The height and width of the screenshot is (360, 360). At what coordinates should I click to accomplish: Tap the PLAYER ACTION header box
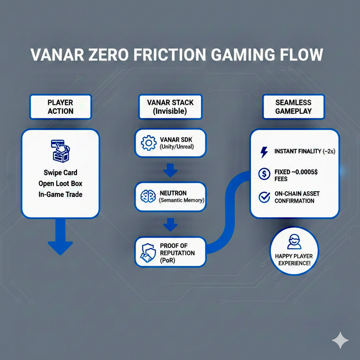[60, 107]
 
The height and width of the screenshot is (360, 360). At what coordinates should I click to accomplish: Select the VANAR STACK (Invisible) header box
[170, 107]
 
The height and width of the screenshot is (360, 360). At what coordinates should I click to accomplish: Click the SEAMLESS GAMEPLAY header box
[293, 107]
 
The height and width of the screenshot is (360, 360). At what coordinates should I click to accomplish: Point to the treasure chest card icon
[60, 151]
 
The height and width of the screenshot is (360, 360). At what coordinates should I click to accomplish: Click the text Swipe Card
[60, 173]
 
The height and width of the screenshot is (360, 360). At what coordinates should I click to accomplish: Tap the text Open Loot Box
[60, 183]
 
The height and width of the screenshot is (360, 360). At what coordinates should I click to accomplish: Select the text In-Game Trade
[60, 194]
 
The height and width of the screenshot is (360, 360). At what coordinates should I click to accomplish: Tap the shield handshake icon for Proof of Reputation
[147, 252]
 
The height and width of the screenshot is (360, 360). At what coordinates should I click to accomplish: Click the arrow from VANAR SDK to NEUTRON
[170, 170]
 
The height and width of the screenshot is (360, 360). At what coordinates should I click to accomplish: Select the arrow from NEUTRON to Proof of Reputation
[170, 225]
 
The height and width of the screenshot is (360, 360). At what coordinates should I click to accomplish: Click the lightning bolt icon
[264, 152]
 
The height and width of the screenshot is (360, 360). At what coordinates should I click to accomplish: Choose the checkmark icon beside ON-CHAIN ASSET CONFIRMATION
[264, 197]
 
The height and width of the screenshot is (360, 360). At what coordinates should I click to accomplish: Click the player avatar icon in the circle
[293, 242]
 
